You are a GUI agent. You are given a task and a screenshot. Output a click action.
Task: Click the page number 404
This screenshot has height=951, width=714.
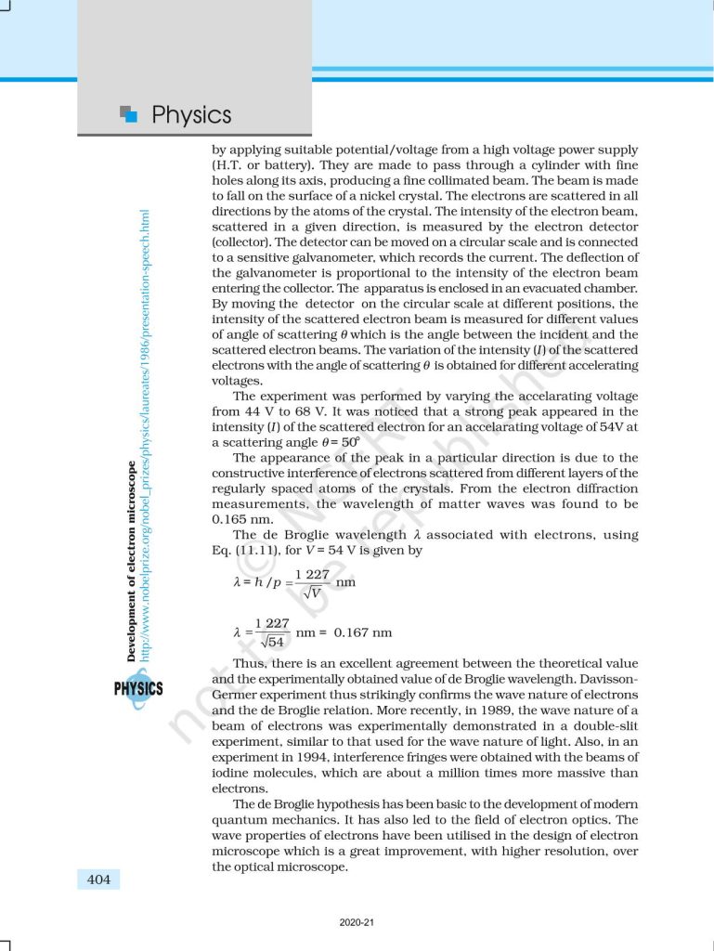[98, 879]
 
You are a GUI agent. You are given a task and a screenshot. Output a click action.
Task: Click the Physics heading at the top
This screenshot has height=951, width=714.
[191, 115]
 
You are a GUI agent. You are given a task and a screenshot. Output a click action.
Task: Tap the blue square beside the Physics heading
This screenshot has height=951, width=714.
[129, 114]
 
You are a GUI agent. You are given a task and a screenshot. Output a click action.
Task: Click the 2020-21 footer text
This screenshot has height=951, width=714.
[357, 922]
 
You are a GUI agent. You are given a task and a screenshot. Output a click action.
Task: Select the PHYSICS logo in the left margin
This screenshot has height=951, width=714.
[137, 688]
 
